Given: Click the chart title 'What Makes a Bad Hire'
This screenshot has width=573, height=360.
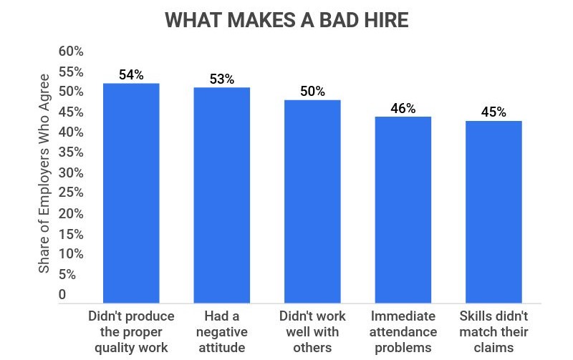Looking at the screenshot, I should tap(286, 20).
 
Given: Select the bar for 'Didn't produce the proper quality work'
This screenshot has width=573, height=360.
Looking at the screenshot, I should tap(131, 193).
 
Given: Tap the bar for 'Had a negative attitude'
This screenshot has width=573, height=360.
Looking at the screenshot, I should tap(221, 195).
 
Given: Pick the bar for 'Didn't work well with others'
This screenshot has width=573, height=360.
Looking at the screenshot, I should tap(312, 201).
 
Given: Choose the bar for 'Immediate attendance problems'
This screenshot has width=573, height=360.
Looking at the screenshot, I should tap(403, 210).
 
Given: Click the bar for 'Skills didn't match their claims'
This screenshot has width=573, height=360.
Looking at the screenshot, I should tap(493, 212).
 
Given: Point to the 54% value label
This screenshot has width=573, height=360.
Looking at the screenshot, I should tap(131, 74).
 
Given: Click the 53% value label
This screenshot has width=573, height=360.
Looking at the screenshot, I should tap(221, 79).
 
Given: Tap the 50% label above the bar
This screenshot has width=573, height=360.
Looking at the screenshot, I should tap(312, 91).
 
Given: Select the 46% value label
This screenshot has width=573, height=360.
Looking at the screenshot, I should tap(403, 108).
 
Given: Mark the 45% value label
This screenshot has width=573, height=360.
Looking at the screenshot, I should tap(493, 112).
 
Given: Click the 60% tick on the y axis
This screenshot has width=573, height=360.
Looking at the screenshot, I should tap(71, 52).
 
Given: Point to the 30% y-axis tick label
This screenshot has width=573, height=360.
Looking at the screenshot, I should tap(71, 173).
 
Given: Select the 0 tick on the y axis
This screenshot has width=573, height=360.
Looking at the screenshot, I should tap(62, 294).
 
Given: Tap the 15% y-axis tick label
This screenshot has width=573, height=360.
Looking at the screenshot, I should tap(71, 234).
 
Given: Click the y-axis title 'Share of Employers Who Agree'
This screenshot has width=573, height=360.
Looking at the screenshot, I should tap(44, 172).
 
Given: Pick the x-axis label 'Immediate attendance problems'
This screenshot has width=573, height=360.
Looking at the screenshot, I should tap(403, 331).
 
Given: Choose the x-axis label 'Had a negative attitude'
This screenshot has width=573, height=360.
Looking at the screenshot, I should tap(221, 331).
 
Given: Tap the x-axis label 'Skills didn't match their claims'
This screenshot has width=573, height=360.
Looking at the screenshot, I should tap(493, 331).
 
